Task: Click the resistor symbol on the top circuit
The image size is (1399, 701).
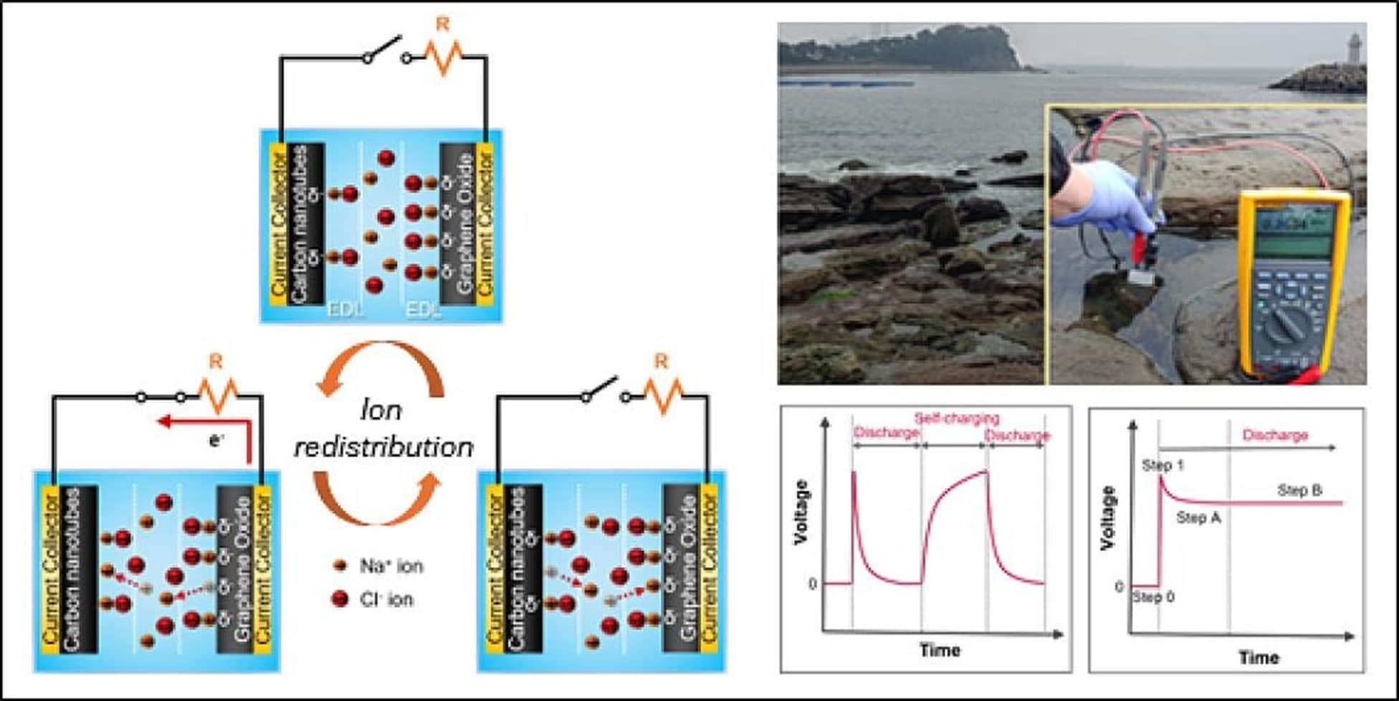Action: pos(446,57)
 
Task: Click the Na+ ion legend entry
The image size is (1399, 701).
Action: pos(381,566)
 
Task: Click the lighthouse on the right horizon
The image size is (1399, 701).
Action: pos(1354,50)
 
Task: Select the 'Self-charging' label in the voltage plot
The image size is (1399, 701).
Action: pos(956,418)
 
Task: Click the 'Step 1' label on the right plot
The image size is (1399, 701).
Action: pos(1162,466)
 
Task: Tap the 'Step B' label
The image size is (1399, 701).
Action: pos(1299,491)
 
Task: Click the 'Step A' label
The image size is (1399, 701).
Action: pos(1198,517)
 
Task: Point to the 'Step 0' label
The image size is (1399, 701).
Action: pos(1154,597)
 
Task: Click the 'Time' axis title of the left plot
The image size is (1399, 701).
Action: pos(940,650)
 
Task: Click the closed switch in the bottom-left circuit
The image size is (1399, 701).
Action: pos(161,396)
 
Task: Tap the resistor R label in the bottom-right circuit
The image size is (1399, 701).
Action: pos(661,362)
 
